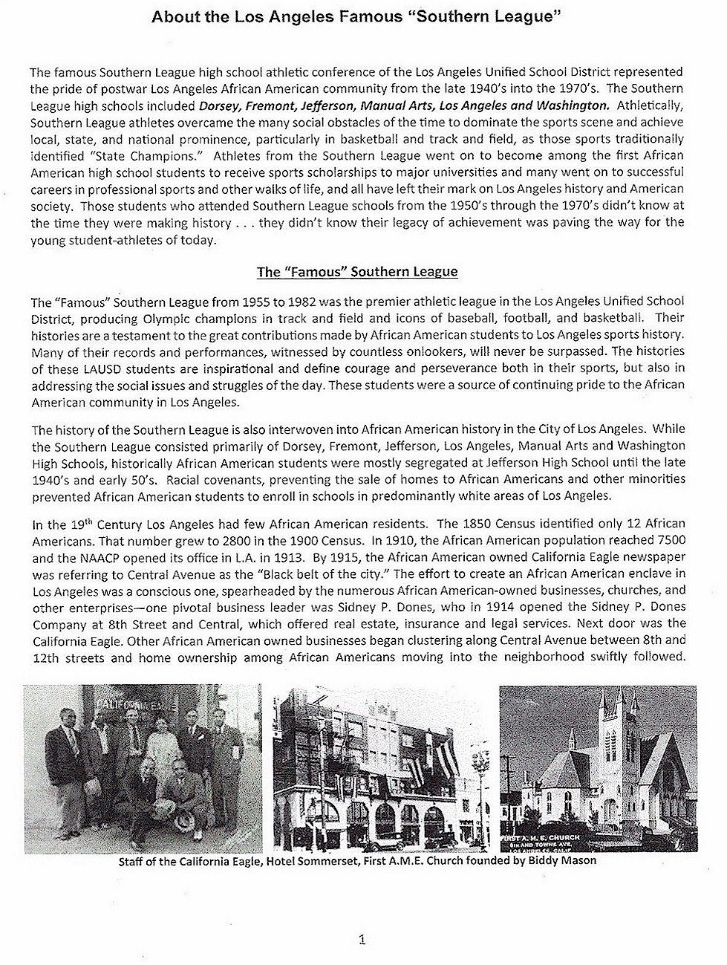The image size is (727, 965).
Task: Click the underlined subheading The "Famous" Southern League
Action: click(357, 272)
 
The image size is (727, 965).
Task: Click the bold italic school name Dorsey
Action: click(217, 105)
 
